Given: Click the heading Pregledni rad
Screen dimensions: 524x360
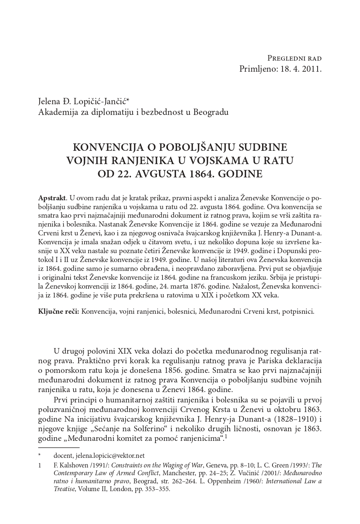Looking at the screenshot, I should pyautogui.click(x=294, y=58).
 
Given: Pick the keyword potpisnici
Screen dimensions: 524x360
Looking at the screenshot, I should pyautogui.click(x=298, y=311).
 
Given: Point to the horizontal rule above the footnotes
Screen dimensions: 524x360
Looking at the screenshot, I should pyautogui.click(x=59, y=448).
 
